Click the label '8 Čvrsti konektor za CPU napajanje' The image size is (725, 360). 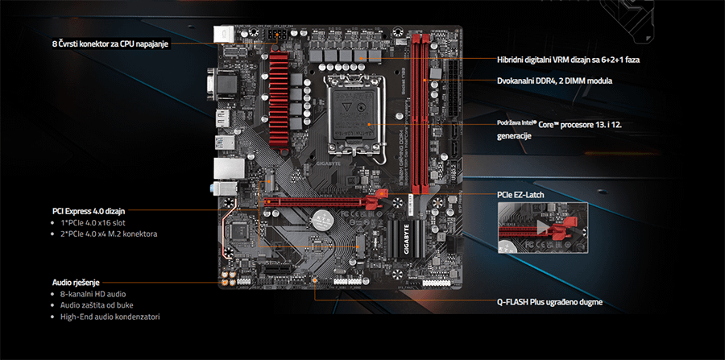[110, 43]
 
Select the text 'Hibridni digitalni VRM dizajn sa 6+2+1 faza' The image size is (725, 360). [569, 60]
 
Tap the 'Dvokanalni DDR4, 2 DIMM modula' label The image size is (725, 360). [554, 81]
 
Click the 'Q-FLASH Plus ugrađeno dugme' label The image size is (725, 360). [549, 303]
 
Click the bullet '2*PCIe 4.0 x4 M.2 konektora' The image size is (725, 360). [109, 234]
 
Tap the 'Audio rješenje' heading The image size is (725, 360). [77, 283]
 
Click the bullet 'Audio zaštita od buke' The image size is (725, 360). [97, 305]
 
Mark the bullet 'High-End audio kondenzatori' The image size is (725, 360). [110, 317]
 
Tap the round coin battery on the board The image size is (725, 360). [324, 218]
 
